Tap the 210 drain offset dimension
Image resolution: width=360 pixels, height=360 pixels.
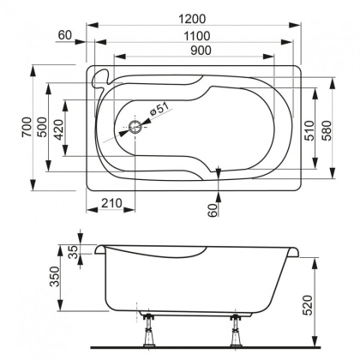[x=110, y=203]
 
